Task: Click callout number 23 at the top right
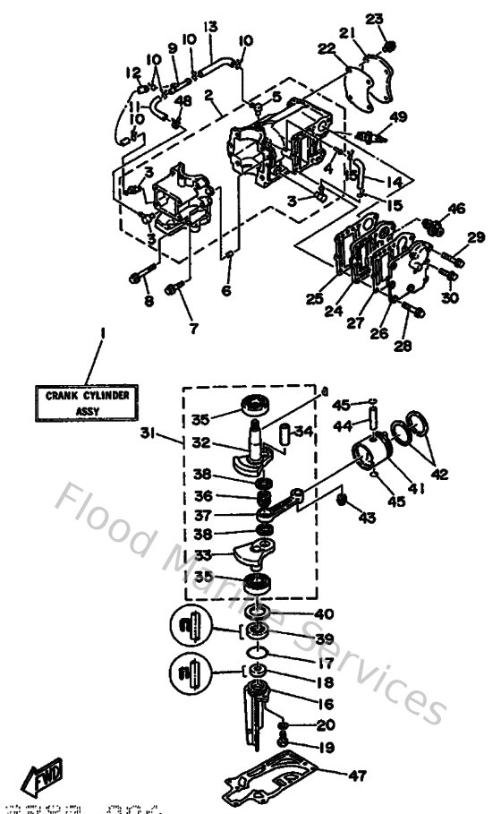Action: (x=373, y=19)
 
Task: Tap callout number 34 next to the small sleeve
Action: (x=304, y=433)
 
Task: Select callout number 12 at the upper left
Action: (x=133, y=73)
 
